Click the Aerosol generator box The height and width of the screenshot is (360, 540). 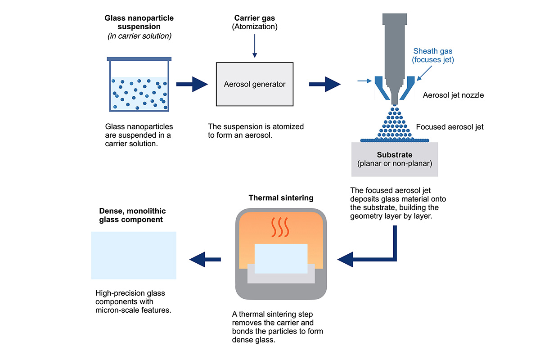(x=255, y=84)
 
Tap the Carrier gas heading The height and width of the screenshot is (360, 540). (x=255, y=18)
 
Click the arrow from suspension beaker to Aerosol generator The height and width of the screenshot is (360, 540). (x=191, y=84)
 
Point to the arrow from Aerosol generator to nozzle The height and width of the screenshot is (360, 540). (x=324, y=84)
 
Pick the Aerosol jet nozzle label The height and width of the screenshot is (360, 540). (x=453, y=95)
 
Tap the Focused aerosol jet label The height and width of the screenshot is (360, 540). (x=450, y=127)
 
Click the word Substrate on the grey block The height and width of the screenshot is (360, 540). (x=395, y=155)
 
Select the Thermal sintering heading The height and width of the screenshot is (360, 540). (x=281, y=198)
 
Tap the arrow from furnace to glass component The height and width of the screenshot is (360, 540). (x=205, y=259)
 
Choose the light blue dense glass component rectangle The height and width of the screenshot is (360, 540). (x=134, y=255)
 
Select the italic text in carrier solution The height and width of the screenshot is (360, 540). (x=139, y=36)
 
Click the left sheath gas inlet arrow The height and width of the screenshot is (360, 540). (x=363, y=81)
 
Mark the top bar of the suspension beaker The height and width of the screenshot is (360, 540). (x=139, y=59)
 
